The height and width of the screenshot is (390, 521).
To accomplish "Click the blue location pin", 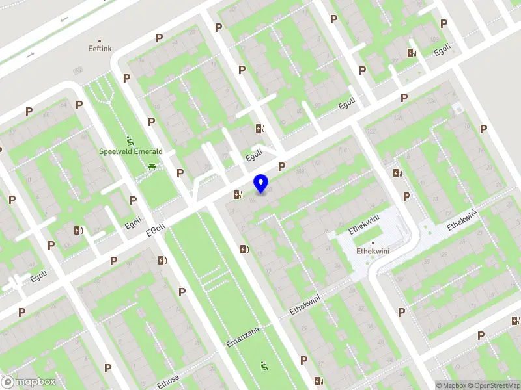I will click(x=260, y=184).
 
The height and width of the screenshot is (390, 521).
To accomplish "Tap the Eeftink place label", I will click(x=100, y=48).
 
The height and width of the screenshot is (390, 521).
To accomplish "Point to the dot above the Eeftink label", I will click(x=100, y=40).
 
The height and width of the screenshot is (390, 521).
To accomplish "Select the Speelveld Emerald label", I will click(x=130, y=151).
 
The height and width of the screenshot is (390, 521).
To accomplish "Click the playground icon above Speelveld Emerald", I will click(x=130, y=140).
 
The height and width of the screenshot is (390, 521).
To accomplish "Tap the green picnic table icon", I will click(x=152, y=168).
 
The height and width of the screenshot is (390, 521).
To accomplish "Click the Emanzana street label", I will click(x=242, y=336).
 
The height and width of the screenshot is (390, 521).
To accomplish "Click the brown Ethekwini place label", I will click(x=373, y=252).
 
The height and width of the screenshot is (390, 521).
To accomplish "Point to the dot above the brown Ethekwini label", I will click(x=373, y=243).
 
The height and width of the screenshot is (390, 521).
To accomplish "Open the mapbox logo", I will click(x=29, y=382).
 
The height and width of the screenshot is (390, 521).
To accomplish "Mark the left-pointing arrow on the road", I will click(x=64, y=19).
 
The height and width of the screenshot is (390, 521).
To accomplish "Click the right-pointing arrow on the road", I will click(x=30, y=55).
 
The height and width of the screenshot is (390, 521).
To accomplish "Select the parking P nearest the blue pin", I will click(x=282, y=167).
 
